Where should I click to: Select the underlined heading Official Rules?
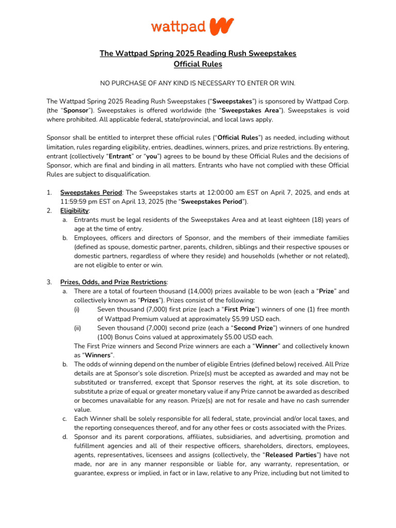pos(197,64)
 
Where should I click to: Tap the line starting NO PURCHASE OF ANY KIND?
pos(197,84)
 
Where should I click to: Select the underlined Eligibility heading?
pos(74,211)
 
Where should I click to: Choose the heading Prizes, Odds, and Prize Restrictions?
pos(113,282)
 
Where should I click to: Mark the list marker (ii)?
pos(77,328)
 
